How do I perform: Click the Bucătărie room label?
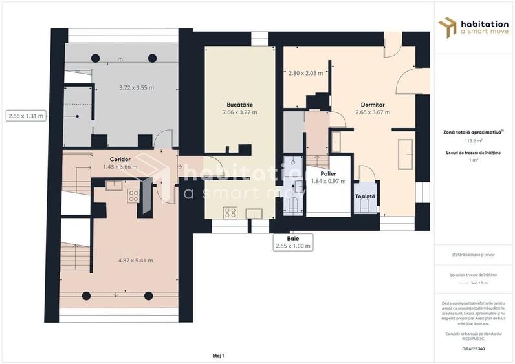pyautogui.click(x=239, y=104)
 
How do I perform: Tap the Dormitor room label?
pyautogui.click(x=372, y=104)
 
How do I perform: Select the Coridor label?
pyautogui.click(x=121, y=158)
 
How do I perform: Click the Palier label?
pyautogui.click(x=328, y=173)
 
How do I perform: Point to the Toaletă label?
pyautogui.click(x=365, y=196)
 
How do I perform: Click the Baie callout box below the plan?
pyautogui.click(x=293, y=242)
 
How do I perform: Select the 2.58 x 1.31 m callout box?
pyautogui.click(x=26, y=116)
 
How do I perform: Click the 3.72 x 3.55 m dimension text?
pyautogui.click(x=136, y=87)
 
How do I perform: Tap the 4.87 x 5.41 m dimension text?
pyautogui.click(x=135, y=261)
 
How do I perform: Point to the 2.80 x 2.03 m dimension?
pyautogui.click(x=305, y=73)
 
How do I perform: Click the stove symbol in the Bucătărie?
pyautogui.click(x=230, y=212)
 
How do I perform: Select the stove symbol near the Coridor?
pyautogui.click(x=133, y=195)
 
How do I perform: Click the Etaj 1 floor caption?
pyautogui.click(x=217, y=355)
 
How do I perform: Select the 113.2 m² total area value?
pyautogui.click(x=474, y=140)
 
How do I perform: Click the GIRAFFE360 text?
pyautogui.click(x=474, y=349)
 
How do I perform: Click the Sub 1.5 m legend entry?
pyautogui.click(x=479, y=283)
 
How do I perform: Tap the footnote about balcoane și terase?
pyautogui.click(x=474, y=255)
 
